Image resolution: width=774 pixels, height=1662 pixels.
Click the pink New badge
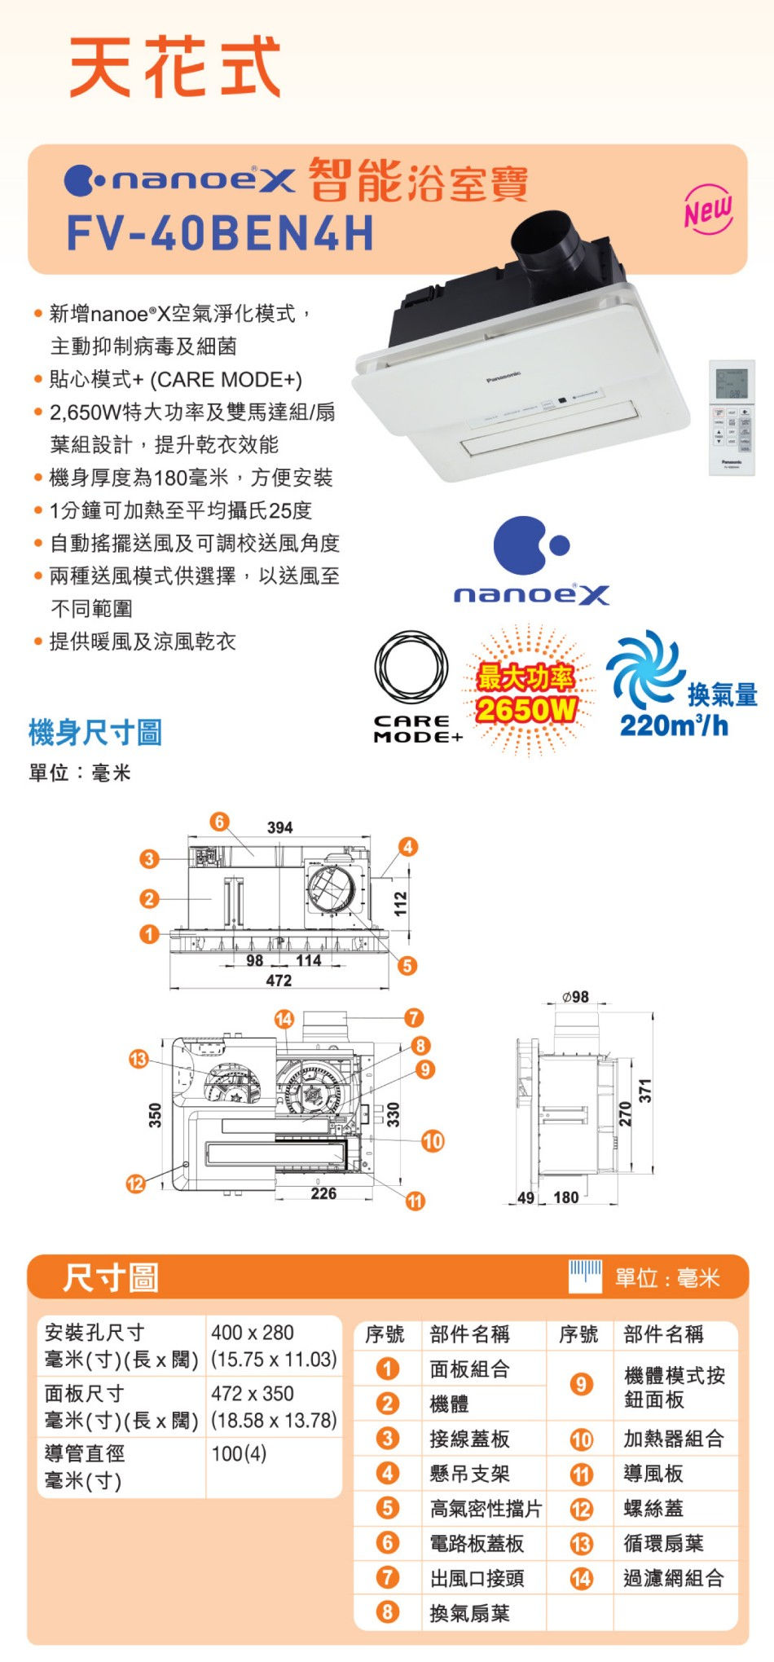tap(708, 210)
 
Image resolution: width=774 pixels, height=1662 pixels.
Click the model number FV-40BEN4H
tap(220, 233)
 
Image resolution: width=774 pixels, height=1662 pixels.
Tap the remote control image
tap(732, 417)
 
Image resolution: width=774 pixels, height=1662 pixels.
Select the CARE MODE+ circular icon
tap(411, 668)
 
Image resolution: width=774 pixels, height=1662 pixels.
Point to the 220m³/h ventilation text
tap(674, 725)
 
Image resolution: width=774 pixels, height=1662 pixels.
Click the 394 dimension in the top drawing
tap(279, 827)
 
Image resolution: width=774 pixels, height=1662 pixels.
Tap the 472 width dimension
tap(279, 981)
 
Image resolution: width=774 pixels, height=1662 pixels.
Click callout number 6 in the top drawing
tap(219, 821)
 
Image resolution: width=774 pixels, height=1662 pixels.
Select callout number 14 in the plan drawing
tap(284, 1019)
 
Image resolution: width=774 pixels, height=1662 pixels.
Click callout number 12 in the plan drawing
tap(135, 1184)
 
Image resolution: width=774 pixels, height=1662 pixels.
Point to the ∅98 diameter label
tap(575, 997)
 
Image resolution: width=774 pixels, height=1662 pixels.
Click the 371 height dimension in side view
tap(645, 1091)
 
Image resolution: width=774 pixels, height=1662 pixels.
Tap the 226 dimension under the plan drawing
tap(323, 1193)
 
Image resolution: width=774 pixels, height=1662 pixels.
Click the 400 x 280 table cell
tap(253, 1333)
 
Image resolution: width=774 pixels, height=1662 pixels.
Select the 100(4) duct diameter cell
tap(239, 1453)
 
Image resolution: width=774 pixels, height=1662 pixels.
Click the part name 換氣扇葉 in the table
tap(469, 1613)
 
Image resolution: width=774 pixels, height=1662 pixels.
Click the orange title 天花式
tap(175, 67)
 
